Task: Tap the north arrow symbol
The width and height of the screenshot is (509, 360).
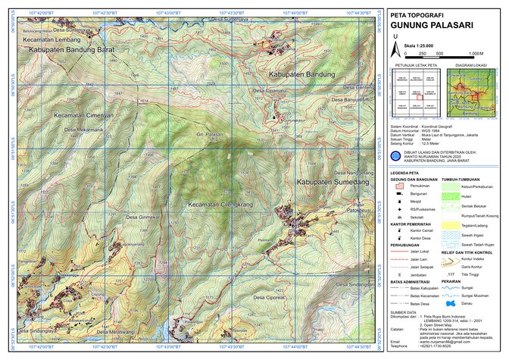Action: [395, 42]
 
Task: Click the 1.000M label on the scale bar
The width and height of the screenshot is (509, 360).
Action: [475, 54]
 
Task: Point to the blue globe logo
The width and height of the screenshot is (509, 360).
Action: [395, 156]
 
